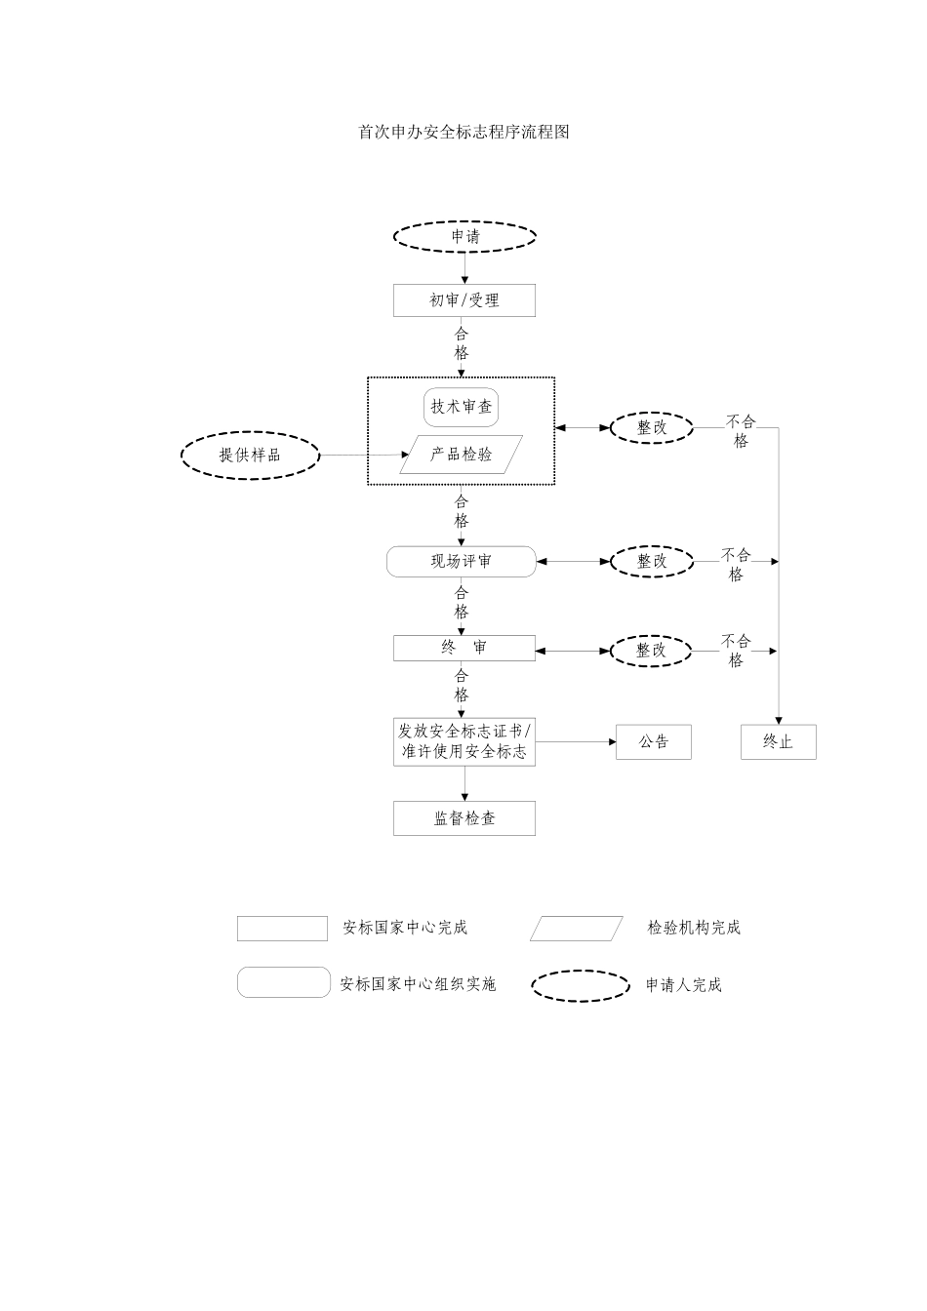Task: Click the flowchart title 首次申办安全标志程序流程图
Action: (x=463, y=132)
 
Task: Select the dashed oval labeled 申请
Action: (x=464, y=236)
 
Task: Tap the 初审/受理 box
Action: (x=464, y=300)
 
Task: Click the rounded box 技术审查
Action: (x=462, y=407)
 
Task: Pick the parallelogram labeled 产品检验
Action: (x=462, y=455)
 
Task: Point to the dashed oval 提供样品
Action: (x=250, y=455)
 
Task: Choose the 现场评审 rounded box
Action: (x=462, y=562)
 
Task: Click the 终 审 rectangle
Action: (x=464, y=648)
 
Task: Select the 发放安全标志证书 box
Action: (x=464, y=741)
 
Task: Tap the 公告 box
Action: (x=654, y=742)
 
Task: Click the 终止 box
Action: (x=778, y=742)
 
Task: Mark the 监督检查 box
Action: (x=464, y=818)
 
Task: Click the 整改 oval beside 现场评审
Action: (x=652, y=562)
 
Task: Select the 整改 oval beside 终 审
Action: (x=652, y=651)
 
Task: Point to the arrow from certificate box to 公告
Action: (x=576, y=742)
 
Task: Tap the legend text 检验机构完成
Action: (x=694, y=928)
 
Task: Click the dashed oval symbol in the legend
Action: (x=581, y=985)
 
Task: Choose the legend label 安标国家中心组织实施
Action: (x=418, y=985)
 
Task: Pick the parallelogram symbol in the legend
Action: (x=577, y=929)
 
